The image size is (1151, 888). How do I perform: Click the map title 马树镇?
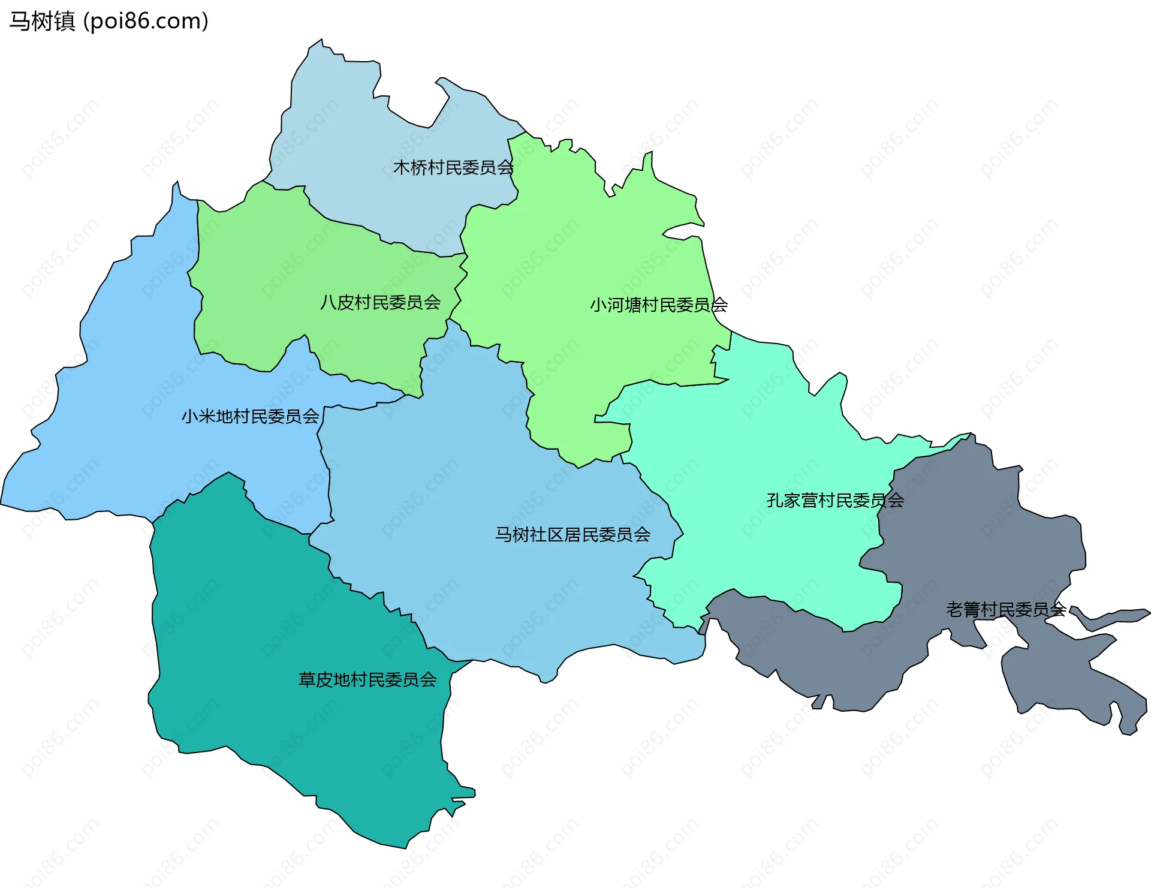pos(42,22)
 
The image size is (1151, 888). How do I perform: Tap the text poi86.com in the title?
pos(146,22)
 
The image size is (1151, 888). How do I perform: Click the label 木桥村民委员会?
pos(453,168)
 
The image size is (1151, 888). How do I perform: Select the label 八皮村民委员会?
pos(380,302)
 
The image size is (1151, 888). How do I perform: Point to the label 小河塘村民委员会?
pos(658,305)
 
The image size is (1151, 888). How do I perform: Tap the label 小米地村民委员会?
pos(250,416)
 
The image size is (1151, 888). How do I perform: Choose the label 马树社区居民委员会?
pos(573,534)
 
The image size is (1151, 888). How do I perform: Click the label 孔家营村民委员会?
pos(835,500)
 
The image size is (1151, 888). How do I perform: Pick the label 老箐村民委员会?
pos(1005,610)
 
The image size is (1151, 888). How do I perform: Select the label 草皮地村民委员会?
pos(367,679)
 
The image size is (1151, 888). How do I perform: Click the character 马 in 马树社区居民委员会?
pos(503,534)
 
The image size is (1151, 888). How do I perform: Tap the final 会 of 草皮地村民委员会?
pos(428,679)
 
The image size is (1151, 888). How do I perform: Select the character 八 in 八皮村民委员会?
pos(328,302)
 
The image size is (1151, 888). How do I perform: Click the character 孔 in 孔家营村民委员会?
pos(775,500)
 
